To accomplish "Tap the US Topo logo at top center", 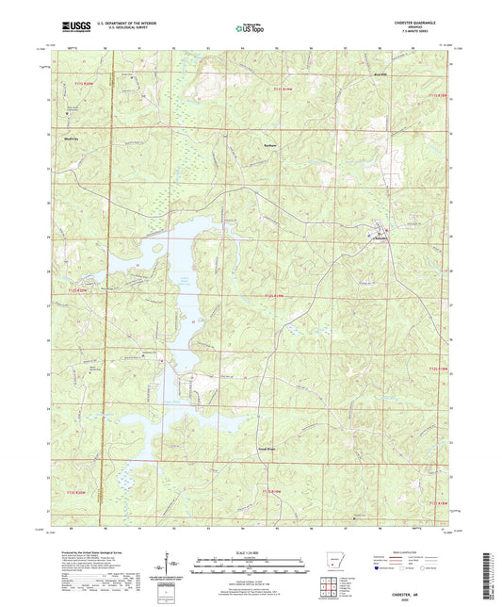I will tap(250, 30).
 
